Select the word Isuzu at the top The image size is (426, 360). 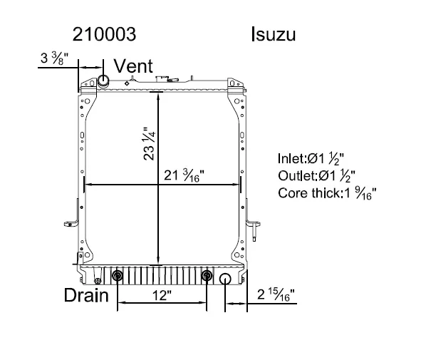(x=274, y=34)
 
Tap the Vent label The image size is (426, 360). (x=133, y=66)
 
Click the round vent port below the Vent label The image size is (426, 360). (x=102, y=81)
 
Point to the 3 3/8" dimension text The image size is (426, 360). (x=54, y=57)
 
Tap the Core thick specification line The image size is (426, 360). (x=327, y=192)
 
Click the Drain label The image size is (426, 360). (x=86, y=294)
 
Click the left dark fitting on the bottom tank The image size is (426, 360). (x=118, y=277)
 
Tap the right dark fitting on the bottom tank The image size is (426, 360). (x=207, y=277)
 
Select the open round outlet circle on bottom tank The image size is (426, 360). (x=226, y=279)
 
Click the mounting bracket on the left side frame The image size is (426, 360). (x=73, y=219)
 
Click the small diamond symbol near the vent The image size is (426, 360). (x=126, y=83)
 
